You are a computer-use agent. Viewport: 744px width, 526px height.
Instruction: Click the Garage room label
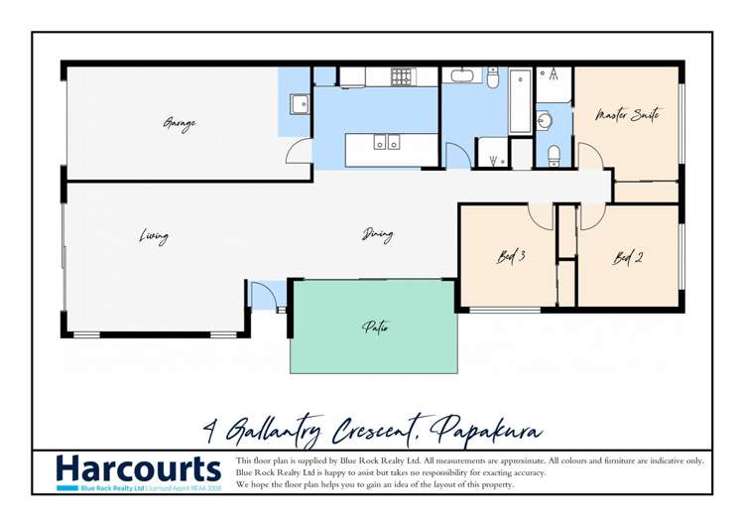coord(180,124)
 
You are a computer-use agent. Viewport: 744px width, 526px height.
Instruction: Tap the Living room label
coord(153,236)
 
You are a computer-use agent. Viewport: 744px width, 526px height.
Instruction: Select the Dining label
coord(377,235)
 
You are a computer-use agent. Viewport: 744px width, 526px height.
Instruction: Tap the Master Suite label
coord(627,116)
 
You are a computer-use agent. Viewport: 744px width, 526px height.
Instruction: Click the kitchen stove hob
coord(402,74)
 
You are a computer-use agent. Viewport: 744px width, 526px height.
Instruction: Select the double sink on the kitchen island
coord(387,143)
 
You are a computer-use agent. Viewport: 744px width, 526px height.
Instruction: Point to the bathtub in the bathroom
coord(521,100)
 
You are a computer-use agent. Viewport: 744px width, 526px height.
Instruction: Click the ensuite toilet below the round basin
coord(555,154)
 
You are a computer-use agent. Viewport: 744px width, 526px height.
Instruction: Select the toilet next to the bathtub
coord(493,76)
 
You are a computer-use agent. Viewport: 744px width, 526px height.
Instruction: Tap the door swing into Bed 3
coord(540,216)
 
